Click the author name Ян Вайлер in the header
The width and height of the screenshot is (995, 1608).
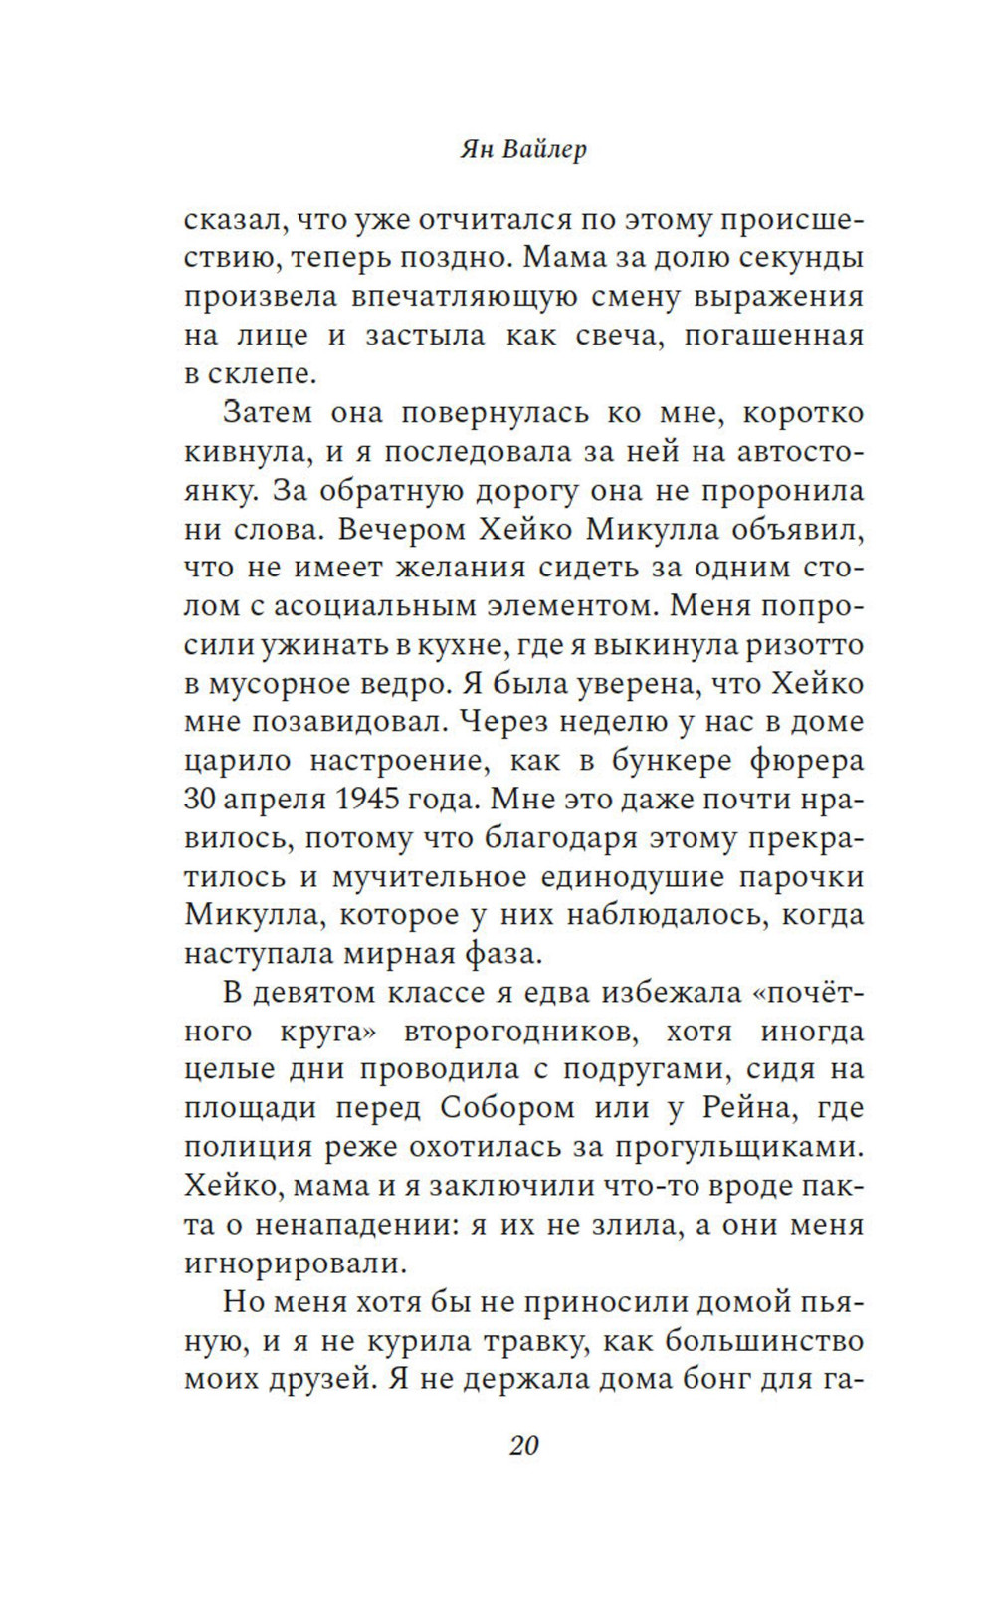(x=523, y=149)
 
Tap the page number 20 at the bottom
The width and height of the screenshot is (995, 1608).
(x=524, y=1445)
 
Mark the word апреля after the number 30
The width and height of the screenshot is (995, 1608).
(x=270, y=800)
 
